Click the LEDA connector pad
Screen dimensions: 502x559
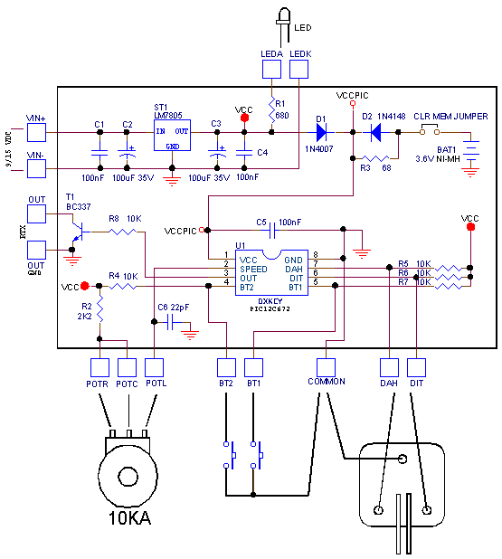click(271, 69)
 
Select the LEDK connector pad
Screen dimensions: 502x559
click(298, 69)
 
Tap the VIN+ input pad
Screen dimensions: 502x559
click(37, 132)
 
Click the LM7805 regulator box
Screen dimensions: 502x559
click(172, 135)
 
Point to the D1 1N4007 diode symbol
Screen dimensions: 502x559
click(321, 132)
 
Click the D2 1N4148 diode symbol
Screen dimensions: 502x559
click(375, 132)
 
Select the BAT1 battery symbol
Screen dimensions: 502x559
click(470, 151)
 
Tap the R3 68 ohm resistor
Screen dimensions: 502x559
click(375, 158)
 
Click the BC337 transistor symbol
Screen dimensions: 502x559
click(80, 232)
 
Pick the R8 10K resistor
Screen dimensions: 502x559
click(122, 232)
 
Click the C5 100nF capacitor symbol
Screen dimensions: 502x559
click(272, 231)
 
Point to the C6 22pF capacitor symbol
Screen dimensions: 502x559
click(170, 322)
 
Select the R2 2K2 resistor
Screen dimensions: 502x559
click(99, 309)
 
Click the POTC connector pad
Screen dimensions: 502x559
click(127, 367)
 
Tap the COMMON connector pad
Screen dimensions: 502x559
click(326, 367)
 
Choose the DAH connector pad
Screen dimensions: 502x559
click(389, 367)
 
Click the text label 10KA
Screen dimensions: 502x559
click(129, 518)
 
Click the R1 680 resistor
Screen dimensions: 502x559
click(271, 109)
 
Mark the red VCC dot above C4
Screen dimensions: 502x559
click(244, 118)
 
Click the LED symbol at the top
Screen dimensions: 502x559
click(283, 27)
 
